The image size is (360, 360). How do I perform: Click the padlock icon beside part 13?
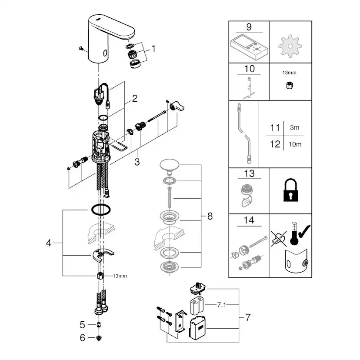click(290, 191)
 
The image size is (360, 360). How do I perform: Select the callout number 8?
click(210, 216)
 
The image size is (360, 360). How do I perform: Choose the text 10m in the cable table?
click(296, 144)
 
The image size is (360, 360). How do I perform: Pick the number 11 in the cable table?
click(275, 128)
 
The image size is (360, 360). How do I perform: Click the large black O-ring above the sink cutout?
click(100, 210)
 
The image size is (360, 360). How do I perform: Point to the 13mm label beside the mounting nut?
click(120, 276)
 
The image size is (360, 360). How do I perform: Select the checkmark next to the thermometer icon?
click(303, 237)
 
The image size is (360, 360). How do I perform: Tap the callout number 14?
click(249, 221)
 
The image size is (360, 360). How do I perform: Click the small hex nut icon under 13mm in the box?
click(290, 86)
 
